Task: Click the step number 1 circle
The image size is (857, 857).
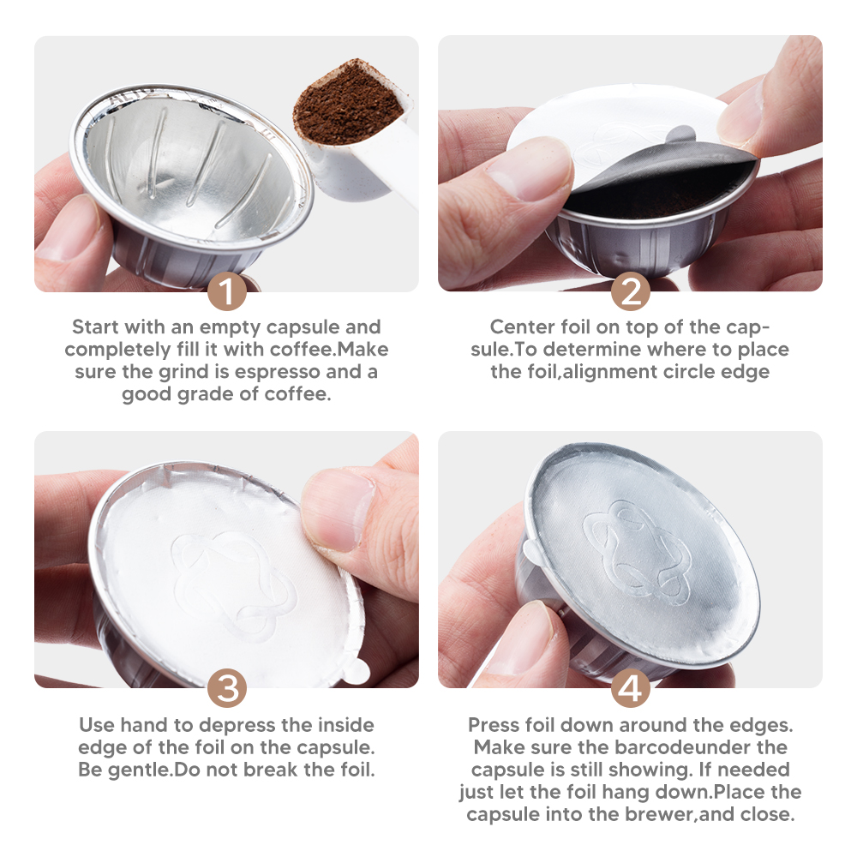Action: click(x=227, y=291)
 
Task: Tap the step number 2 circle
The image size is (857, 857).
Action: click(x=631, y=291)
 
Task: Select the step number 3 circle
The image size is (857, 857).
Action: click(x=227, y=688)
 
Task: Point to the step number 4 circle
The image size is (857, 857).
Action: click(x=631, y=688)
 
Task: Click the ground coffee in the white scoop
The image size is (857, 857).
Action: click(x=347, y=103)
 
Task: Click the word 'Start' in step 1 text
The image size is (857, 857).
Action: click(x=95, y=327)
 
